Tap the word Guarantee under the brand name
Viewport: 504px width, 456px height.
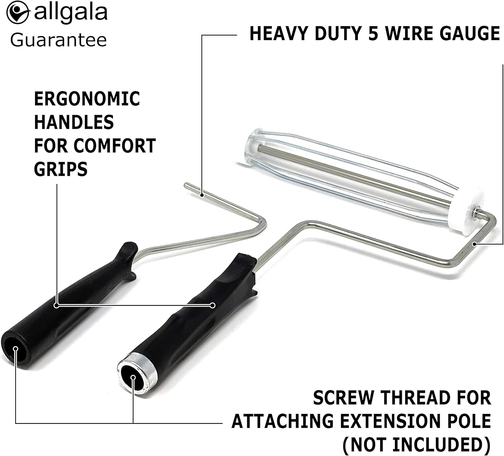tap(58, 40)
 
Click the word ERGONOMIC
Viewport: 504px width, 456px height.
tap(87, 99)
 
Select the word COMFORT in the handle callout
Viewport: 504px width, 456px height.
tap(115, 146)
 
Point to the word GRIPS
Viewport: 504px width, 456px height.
tap(61, 169)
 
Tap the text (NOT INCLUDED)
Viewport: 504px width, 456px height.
tap(417, 444)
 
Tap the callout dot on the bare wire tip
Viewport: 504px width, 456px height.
tap(202, 194)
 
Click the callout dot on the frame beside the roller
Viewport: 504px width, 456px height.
tap(474, 244)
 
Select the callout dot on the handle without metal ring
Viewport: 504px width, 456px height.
tap(56, 305)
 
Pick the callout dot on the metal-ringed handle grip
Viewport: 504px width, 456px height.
tap(212, 305)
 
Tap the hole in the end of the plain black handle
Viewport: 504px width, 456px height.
tap(15, 349)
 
